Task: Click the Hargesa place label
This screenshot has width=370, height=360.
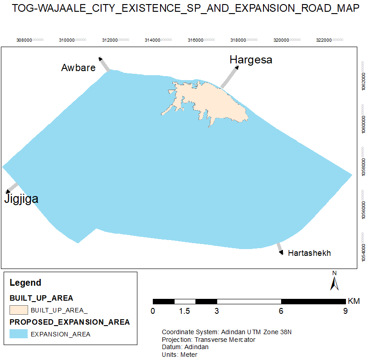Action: point(251,59)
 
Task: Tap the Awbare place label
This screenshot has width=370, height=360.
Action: point(78,68)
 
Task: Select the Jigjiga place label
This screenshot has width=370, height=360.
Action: point(21,199)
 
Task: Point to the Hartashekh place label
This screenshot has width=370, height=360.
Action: point(309,253)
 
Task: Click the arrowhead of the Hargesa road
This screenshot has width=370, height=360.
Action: point(237,67)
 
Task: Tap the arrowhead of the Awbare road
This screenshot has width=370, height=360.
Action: point(101,59)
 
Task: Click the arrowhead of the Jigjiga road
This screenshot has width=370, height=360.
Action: point(7,192)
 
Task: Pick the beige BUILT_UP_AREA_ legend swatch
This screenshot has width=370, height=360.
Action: point(18,310)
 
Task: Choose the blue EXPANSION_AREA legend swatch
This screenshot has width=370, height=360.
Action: point(18,334)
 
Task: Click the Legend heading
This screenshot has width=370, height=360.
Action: point(25,283)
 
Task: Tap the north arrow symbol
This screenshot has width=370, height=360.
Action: point(334,282)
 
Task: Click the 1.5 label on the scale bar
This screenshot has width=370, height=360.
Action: point(184,311)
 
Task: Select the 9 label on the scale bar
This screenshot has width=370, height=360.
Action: point(345,311)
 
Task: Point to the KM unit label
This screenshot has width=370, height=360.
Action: point(354,301)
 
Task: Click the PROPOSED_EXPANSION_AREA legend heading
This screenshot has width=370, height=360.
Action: point(70,322)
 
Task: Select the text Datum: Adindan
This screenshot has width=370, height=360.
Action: point(185,347)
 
